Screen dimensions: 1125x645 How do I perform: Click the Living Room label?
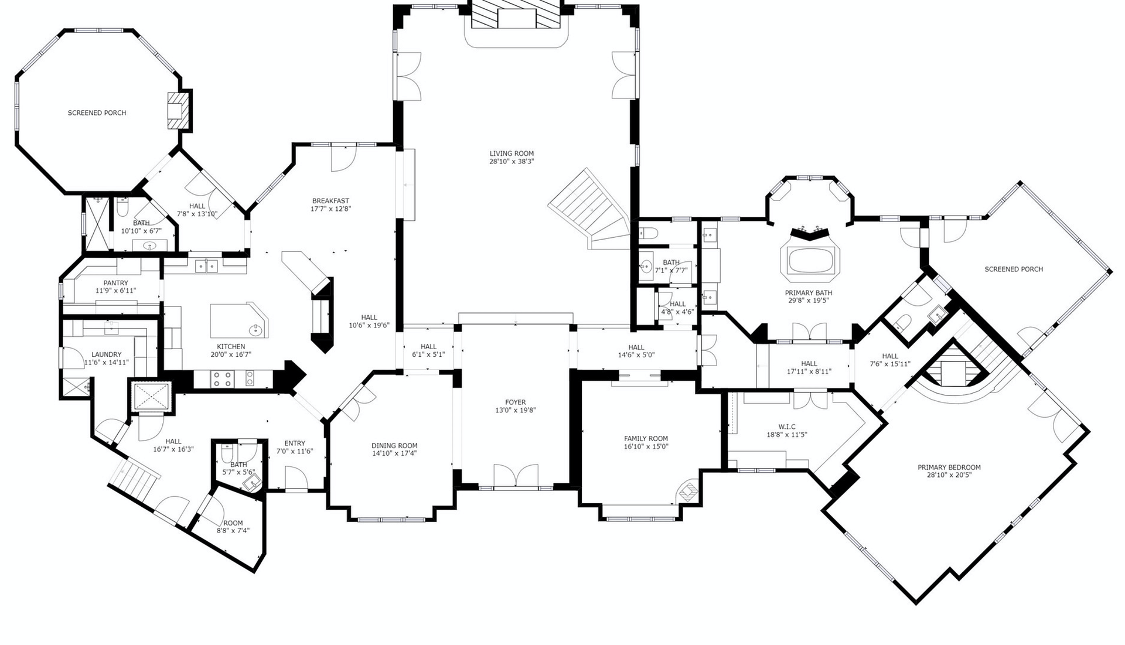pos(512,153)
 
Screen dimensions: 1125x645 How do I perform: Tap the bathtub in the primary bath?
pos(810,261)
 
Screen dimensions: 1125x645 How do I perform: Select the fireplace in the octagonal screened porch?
pos(179,110)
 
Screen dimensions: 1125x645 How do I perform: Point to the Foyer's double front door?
pos(516,476)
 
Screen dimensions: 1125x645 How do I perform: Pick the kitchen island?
pos(239,320)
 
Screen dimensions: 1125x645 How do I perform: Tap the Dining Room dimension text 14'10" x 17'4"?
pos(394,453)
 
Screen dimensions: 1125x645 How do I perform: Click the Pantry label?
pos(115,283)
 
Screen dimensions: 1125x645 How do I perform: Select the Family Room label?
pos(646,438)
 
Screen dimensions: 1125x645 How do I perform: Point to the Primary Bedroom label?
pos(949,467)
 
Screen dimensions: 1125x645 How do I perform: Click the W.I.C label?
pos(787,426)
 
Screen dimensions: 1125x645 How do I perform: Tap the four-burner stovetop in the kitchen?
pos(222,379)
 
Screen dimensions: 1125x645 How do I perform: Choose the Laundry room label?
pos(106,354)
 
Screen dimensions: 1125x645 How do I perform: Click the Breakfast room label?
pos(330,201)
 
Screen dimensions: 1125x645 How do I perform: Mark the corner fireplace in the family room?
pos(688,492)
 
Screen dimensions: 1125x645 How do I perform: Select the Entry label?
pos(295,443)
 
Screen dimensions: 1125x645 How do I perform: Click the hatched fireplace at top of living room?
pos(516,14)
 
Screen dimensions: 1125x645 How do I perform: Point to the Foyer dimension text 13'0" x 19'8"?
pos(516,410)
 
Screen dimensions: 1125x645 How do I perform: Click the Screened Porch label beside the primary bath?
pos(1014,269)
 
